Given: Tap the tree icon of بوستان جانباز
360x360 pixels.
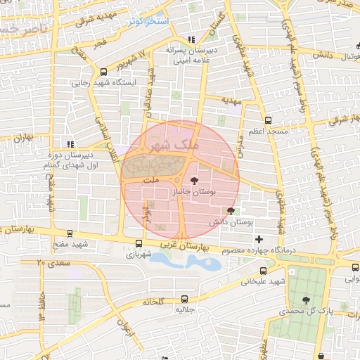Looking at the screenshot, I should (x=195, y=181).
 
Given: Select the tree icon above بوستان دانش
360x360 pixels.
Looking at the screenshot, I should (x=231, y=211).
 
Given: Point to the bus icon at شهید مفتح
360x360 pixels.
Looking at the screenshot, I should (x=70, y=233).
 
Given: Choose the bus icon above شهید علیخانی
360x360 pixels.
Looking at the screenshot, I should (x=263, y=271).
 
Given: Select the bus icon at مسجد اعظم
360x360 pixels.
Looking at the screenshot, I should (x=267, y=120).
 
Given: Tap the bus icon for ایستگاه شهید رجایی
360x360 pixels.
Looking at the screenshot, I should (x=104, y=71).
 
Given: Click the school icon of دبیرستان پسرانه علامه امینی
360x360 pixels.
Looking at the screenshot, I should (x=191, y=39).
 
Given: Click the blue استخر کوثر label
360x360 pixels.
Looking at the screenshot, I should (x=150, y=22).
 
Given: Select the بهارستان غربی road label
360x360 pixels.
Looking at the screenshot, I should (x=186, y=247).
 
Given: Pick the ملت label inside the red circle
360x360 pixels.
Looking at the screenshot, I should (x=150, y=180).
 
